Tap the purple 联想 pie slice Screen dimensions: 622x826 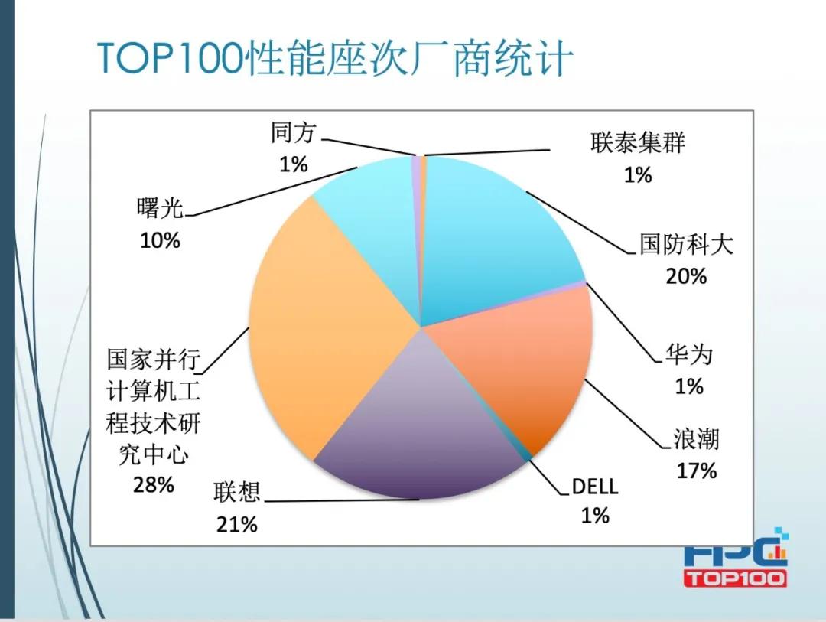tap(421, 428)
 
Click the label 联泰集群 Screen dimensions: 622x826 tap(638, 143)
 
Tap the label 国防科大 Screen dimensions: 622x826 tap(686, 245)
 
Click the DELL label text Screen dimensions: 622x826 tap(594, 487)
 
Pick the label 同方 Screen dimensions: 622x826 tap(293, 133)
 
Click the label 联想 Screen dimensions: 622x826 tap(237, 493)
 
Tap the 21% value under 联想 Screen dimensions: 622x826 tap(237, 524)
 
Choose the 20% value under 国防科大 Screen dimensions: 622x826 tap(686, 275)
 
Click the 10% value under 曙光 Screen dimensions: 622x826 tap(161, 240)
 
